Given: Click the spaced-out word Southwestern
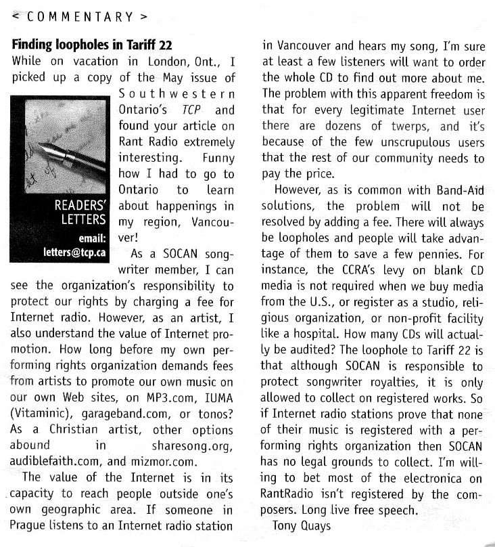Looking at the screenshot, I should coord(177,94).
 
